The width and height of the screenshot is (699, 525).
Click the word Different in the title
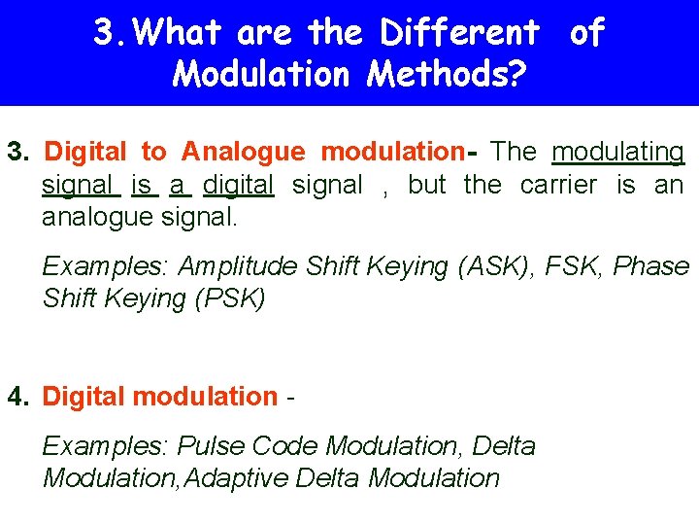coord(459,33)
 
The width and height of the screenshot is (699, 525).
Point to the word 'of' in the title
coord(586,33)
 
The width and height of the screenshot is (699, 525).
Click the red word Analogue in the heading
coord(243,152)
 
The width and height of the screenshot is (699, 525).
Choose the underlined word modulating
coord(617,152)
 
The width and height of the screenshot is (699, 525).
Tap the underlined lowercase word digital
coord(239,184)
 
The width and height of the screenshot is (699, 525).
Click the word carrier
coord(558,184)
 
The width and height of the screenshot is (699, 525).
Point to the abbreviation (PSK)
coord(230,297)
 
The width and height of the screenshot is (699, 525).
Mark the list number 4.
coord(18,397)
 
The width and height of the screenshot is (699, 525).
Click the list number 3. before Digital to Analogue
coord(20,152)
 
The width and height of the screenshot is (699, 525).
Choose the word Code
coord(285,446)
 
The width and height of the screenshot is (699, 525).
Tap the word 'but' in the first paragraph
coord(426,184)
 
